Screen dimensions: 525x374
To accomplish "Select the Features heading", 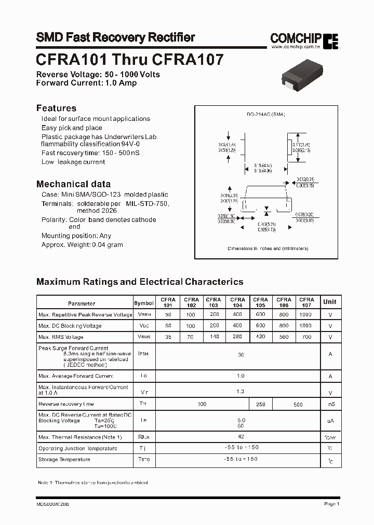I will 56,108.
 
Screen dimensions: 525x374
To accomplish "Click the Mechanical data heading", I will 73,184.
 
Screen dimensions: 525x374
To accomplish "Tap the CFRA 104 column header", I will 237,302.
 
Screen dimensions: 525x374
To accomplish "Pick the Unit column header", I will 329,302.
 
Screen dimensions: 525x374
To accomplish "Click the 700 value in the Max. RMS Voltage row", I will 306,337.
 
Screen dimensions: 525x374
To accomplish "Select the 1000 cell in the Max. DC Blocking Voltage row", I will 306,326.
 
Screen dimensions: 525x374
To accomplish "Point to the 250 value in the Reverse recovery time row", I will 260,404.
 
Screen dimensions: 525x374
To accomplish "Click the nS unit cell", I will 329,404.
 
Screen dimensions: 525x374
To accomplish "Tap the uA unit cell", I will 329,421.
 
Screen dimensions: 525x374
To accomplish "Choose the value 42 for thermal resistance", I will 241,437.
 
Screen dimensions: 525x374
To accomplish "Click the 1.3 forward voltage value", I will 241,392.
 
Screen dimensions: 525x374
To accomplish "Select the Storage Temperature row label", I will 64,459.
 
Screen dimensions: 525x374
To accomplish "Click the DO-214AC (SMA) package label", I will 266,114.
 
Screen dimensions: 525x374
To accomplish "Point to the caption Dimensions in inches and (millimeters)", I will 268,248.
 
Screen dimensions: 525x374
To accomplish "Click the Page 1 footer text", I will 331,504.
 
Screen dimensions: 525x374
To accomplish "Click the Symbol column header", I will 144,303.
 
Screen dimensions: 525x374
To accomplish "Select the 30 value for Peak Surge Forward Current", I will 241,354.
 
